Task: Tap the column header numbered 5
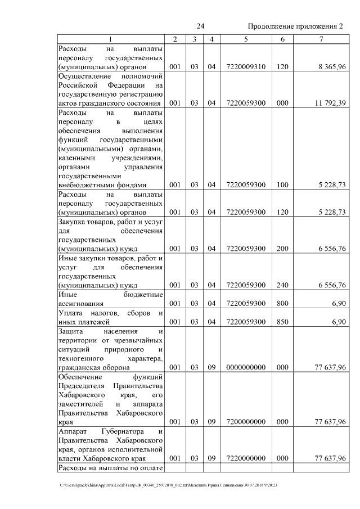click(x=246, y=39)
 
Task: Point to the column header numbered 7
click(x=321, y=39)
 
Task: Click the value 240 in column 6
click(x=282, y=285)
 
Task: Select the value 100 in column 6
click(x=282, y=184)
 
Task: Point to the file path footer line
click(x=169, y=485)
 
